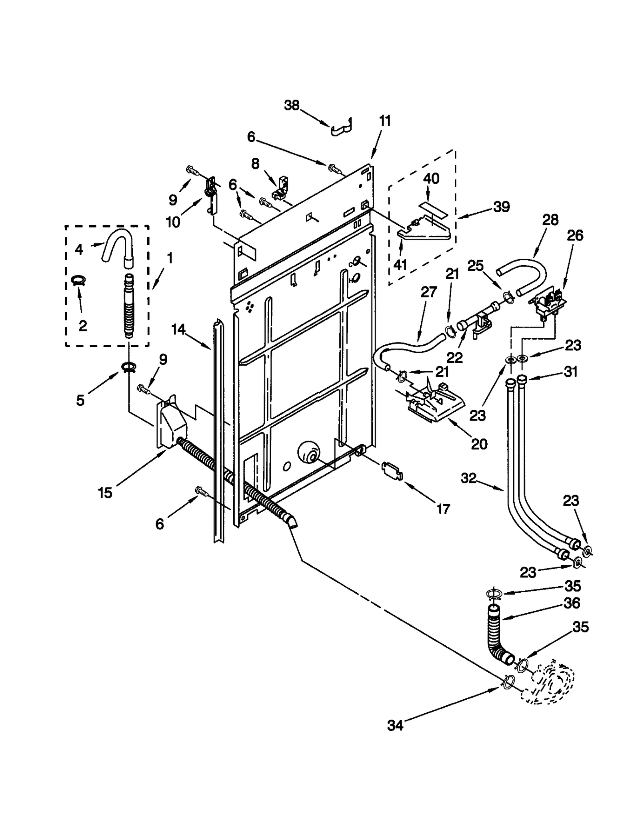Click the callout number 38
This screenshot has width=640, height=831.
tap(292, 105)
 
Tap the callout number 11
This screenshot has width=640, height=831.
tap(384, 121)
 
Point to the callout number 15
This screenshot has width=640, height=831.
tap(105, 493)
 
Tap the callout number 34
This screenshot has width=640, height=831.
tap(395, 725)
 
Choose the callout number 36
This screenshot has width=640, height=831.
tap(572, 614)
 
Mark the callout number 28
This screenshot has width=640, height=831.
tap(550, 220)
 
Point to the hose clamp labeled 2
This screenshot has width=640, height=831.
tap(79, 280)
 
